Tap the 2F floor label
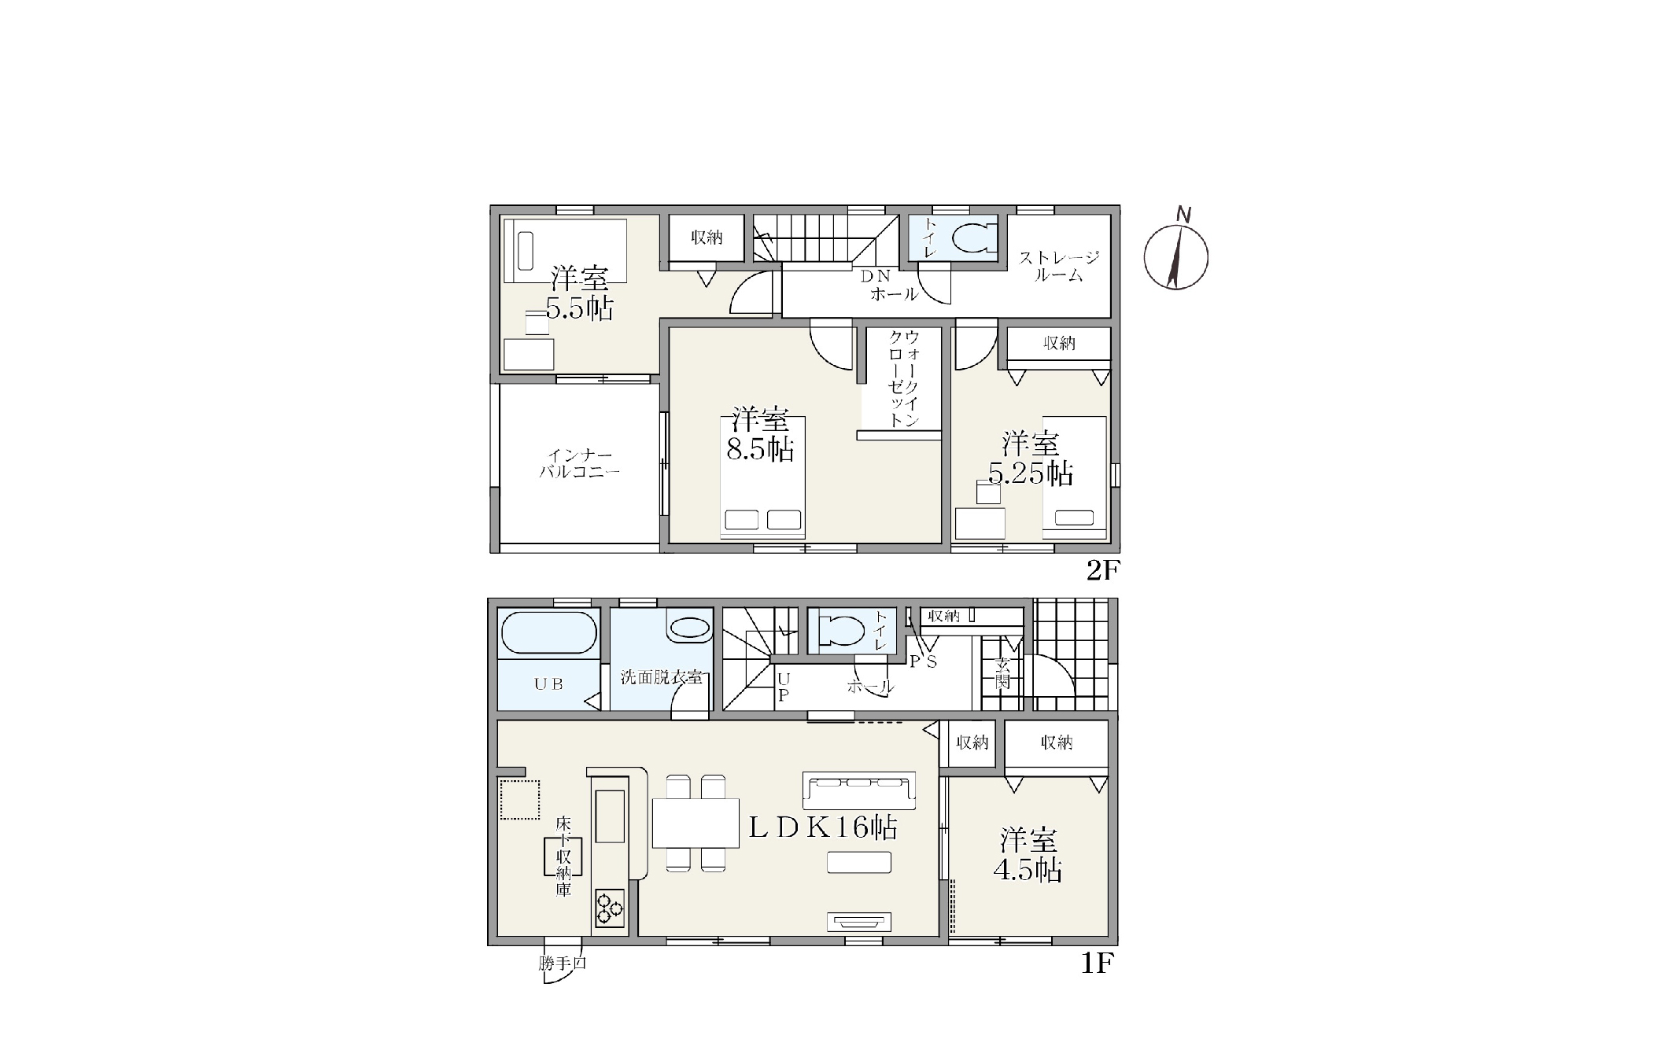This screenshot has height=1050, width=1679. point(1102,570)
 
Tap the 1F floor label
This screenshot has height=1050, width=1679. point(1098,963)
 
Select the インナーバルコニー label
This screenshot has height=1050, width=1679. point(580,464)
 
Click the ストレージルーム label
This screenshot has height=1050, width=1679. point(1059,266)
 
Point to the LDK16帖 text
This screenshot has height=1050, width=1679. point(822,827)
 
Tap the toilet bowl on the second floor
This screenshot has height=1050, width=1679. point(973,238)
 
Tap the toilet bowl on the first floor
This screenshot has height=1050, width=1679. point(840,630)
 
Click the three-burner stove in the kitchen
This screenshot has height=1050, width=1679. point(610,908)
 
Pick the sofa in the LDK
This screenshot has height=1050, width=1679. point(858,790)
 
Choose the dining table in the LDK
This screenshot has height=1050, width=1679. point(696,823)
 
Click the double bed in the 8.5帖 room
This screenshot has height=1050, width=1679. point(762,477)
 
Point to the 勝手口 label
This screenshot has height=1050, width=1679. point(563,963)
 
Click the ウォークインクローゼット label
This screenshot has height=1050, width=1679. point(904,379)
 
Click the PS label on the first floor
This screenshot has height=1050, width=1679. point(924,661)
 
